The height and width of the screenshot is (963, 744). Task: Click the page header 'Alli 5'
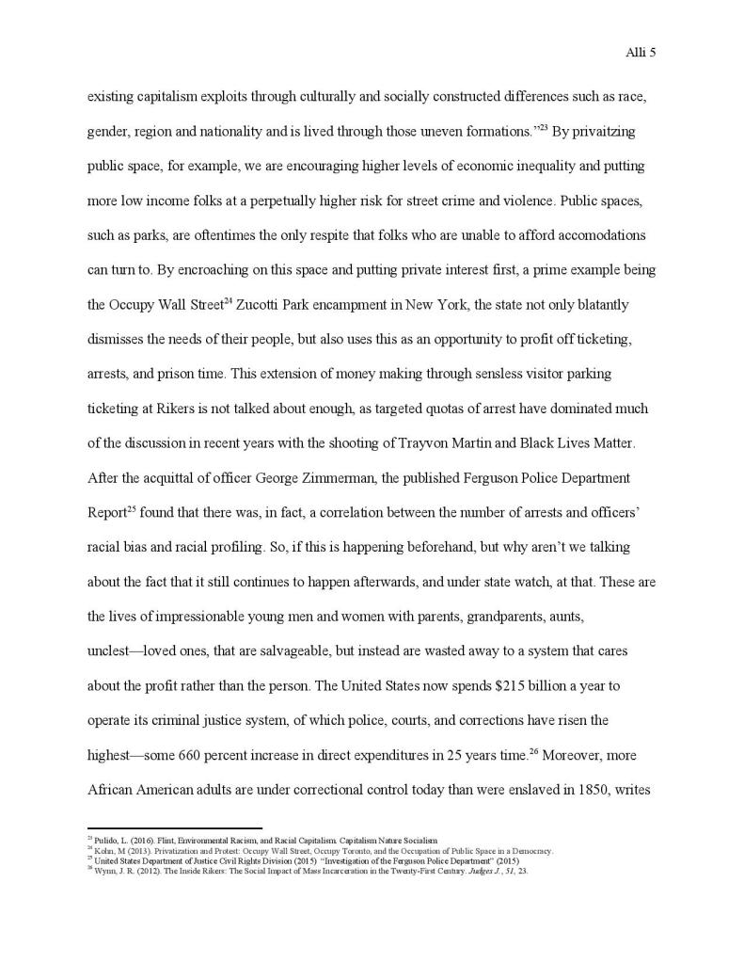pos(640,53)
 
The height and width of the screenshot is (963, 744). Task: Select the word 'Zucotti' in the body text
pos(273,306)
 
